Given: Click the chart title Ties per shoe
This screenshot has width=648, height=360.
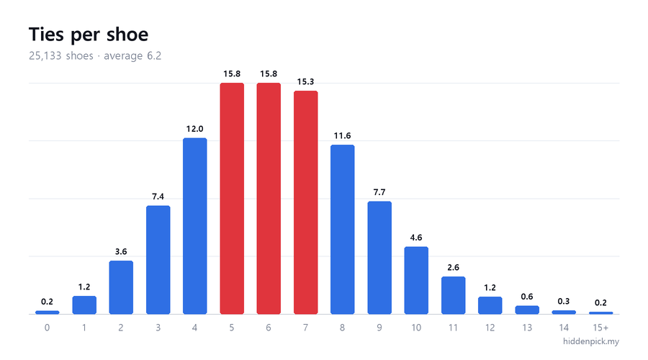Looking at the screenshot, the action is (89, 35).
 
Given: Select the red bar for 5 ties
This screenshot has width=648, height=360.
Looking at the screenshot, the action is (232, 199).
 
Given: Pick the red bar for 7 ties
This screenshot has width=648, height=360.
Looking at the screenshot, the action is (306, 202).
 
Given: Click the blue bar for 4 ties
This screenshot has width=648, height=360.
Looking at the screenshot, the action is (194, 226).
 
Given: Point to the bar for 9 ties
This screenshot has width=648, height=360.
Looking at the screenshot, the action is (379, 258).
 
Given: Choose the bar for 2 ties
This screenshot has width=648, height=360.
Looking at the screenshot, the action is (121, 287).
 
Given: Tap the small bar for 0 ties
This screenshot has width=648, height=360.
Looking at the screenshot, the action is (47, 312).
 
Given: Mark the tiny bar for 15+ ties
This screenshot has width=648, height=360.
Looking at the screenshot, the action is (601, 313).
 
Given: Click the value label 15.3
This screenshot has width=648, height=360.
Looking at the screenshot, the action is (305, 82).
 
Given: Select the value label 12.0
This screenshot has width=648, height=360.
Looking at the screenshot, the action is (194, 129).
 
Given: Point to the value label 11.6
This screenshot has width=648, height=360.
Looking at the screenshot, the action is (342, 136).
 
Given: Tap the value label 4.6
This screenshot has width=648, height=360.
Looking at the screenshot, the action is (416, 238).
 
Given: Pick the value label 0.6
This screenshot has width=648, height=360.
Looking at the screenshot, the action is (527, 297).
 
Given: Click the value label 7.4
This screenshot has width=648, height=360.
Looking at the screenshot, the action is (158, 197).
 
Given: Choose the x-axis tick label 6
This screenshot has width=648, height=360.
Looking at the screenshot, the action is (269, 328).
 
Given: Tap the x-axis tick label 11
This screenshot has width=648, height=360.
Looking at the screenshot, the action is (453, 328).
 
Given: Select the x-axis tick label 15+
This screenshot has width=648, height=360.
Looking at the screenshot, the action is (601, 328).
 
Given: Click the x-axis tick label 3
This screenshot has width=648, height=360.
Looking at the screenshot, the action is (158, 328).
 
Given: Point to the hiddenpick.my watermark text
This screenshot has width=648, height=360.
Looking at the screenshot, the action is (591, 341).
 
